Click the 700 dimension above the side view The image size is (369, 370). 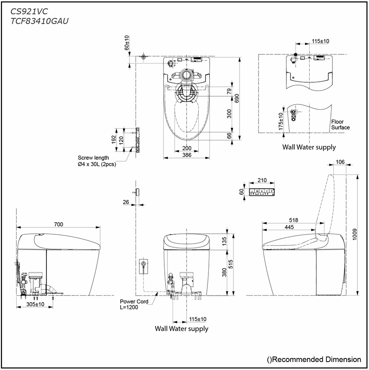tap(58, 225)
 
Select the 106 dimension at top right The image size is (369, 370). tap(340, 162)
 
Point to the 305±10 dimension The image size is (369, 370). tap(35, 304)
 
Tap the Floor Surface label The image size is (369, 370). tap(341, 125)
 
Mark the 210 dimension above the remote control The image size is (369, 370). tap(262, 180)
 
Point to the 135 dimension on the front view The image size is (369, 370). tap(224, 240)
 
